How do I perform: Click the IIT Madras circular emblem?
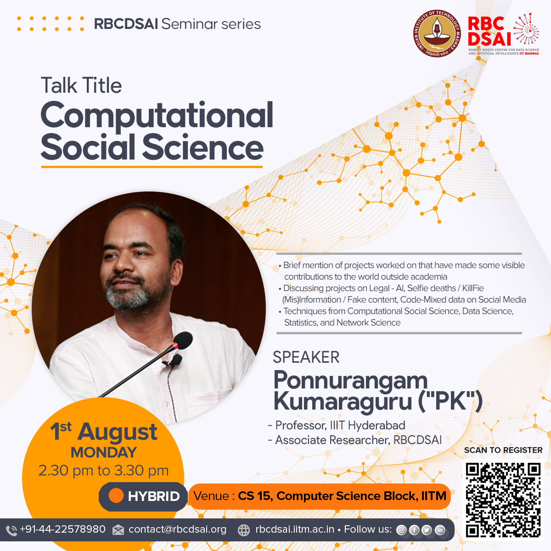click(x=437, y=34)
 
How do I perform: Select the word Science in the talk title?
click(x=203, y=147)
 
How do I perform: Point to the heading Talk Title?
click(x=81, y=85)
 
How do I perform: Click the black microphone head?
click(x=183, y=340)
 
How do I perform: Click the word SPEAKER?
click(x=306, y=357)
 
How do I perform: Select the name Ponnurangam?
click(x=350, y=381)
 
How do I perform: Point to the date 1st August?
click(x=103, y=431)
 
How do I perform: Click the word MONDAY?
click(x=103, y=452)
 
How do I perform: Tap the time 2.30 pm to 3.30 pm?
click(x=103, y=471)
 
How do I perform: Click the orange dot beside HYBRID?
click(x=116, y=495)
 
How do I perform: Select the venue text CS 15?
click(x=253, y=496)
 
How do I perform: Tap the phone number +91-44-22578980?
click(x=62, y=529)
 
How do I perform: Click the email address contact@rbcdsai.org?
click(x=177, y=529)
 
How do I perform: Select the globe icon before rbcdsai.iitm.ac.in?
click(x=244, y=530)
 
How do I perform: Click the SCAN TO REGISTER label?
click(x=503, y=450)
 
